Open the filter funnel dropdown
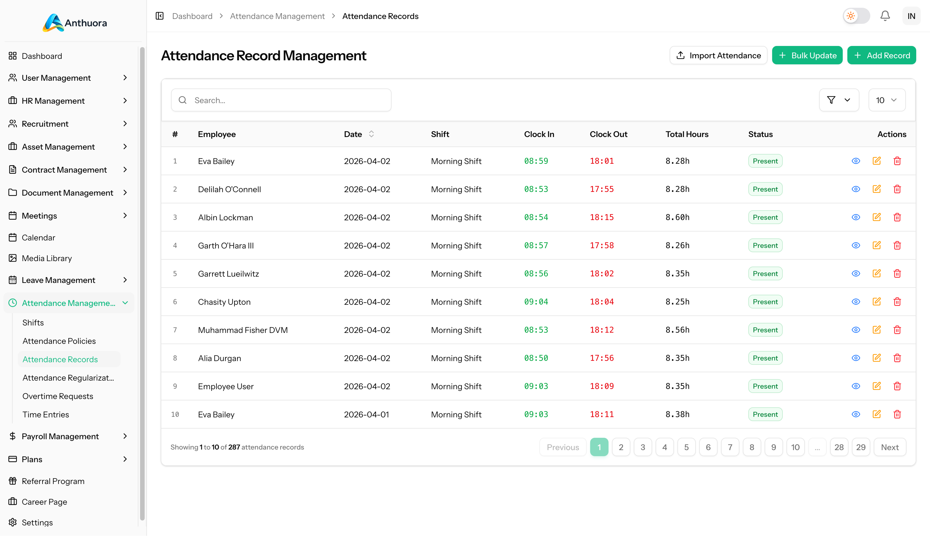[838, 100]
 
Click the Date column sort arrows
[371, 134]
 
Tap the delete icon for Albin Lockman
[897, 217]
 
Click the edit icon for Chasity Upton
[876, 302]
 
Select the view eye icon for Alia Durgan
[856, 358]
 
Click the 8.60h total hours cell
[677, 217]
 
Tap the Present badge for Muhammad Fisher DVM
[765, 330]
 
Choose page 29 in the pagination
[861, 447]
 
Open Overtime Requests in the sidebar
[58, 396]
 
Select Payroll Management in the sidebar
[60, 436]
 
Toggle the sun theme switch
[856, 16]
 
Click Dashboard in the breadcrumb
[192, 16]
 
